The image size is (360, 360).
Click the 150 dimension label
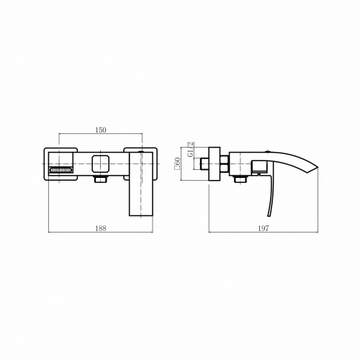click(x=101, y=130)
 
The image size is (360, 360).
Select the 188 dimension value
click(x=101, y=228)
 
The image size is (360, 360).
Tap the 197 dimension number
click(x=264, y=228)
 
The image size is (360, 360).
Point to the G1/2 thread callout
click(x=191, y=149)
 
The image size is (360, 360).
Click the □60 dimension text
click(x=178, y=163)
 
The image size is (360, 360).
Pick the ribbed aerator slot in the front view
click(x=60, y=170)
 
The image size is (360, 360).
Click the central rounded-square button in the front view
click(x=101, y=164)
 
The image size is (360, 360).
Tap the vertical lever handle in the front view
click(x=141, y=184)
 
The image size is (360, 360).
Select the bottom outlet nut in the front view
click(x=101, y=179)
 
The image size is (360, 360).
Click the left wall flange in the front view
click(x=60, y=164)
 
